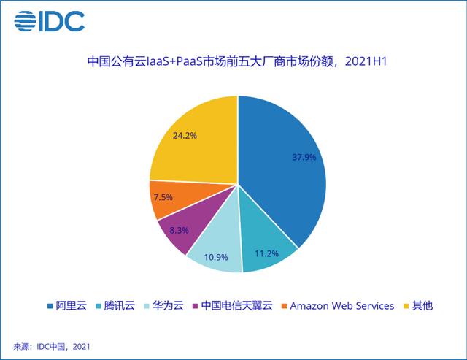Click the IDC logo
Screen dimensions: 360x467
coord(50,20)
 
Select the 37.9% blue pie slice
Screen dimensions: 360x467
coord(285,168)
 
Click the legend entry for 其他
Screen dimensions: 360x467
coord(417,305)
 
